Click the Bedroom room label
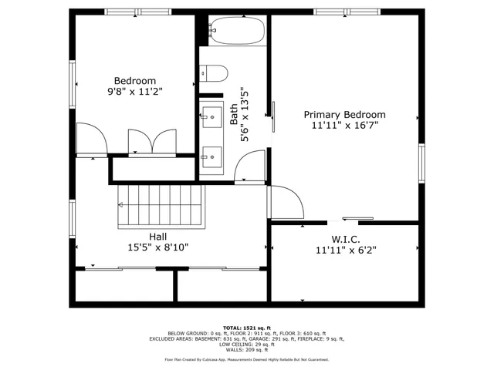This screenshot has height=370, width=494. pos(135,81)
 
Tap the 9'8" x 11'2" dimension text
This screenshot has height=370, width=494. pos(135,92)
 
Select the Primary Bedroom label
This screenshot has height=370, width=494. pos(344,114)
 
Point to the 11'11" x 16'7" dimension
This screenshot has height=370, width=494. pos(344,125)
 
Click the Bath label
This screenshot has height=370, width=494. pos(235,115)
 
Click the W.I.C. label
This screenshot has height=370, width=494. pos(344,239)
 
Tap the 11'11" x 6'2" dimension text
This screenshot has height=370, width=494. pos(344,250)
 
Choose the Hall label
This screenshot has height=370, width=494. pos(158,236)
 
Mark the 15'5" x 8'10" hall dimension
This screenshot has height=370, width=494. pos(158,247)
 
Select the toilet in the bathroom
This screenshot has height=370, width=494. pos(215,74)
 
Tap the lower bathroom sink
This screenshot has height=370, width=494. pos(211,157)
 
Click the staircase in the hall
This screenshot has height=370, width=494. pos(163,206)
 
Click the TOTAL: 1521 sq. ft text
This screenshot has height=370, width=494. pos(247,328)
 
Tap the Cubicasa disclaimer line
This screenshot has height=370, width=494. pos(247,360)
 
